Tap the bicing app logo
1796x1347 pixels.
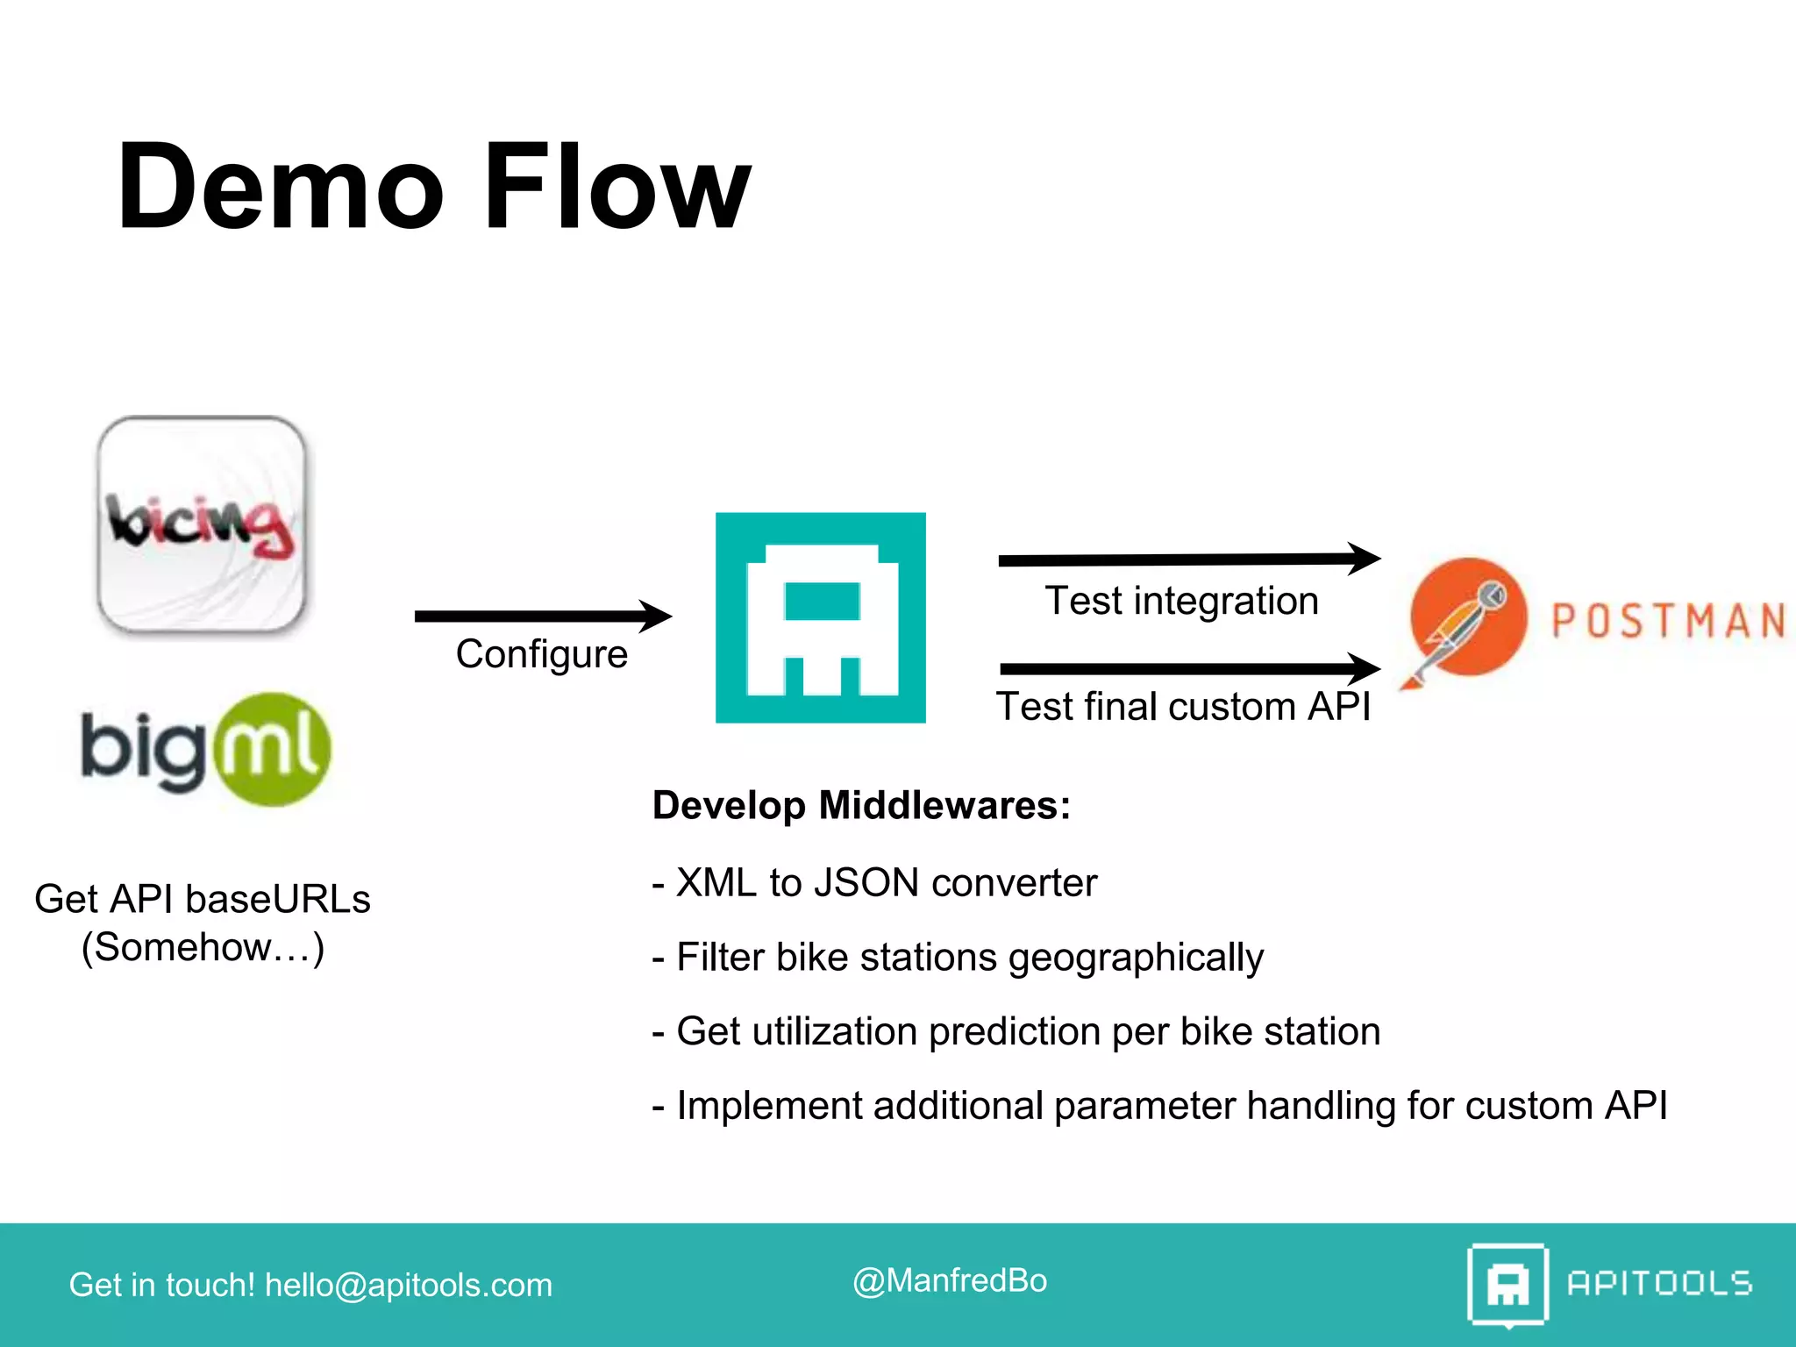click(202, 524)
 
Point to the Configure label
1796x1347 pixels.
click(542, 654)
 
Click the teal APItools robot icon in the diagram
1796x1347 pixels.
click(820, 617)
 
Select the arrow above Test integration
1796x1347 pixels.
click(1188, 559)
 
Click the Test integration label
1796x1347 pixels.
click(1181, 602)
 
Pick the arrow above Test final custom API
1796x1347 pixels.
click(1188, 669)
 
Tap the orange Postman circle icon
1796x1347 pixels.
click(1468, 617)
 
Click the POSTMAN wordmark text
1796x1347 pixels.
click(1668, 621)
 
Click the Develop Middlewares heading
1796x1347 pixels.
click(861, 805)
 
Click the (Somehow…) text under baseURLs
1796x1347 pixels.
click(203, 947)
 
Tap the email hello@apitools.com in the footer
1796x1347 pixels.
click(409, 1286)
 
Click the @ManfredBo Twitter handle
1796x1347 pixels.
click(950, 1281)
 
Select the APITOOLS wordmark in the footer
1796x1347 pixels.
click(1659, 1284)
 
